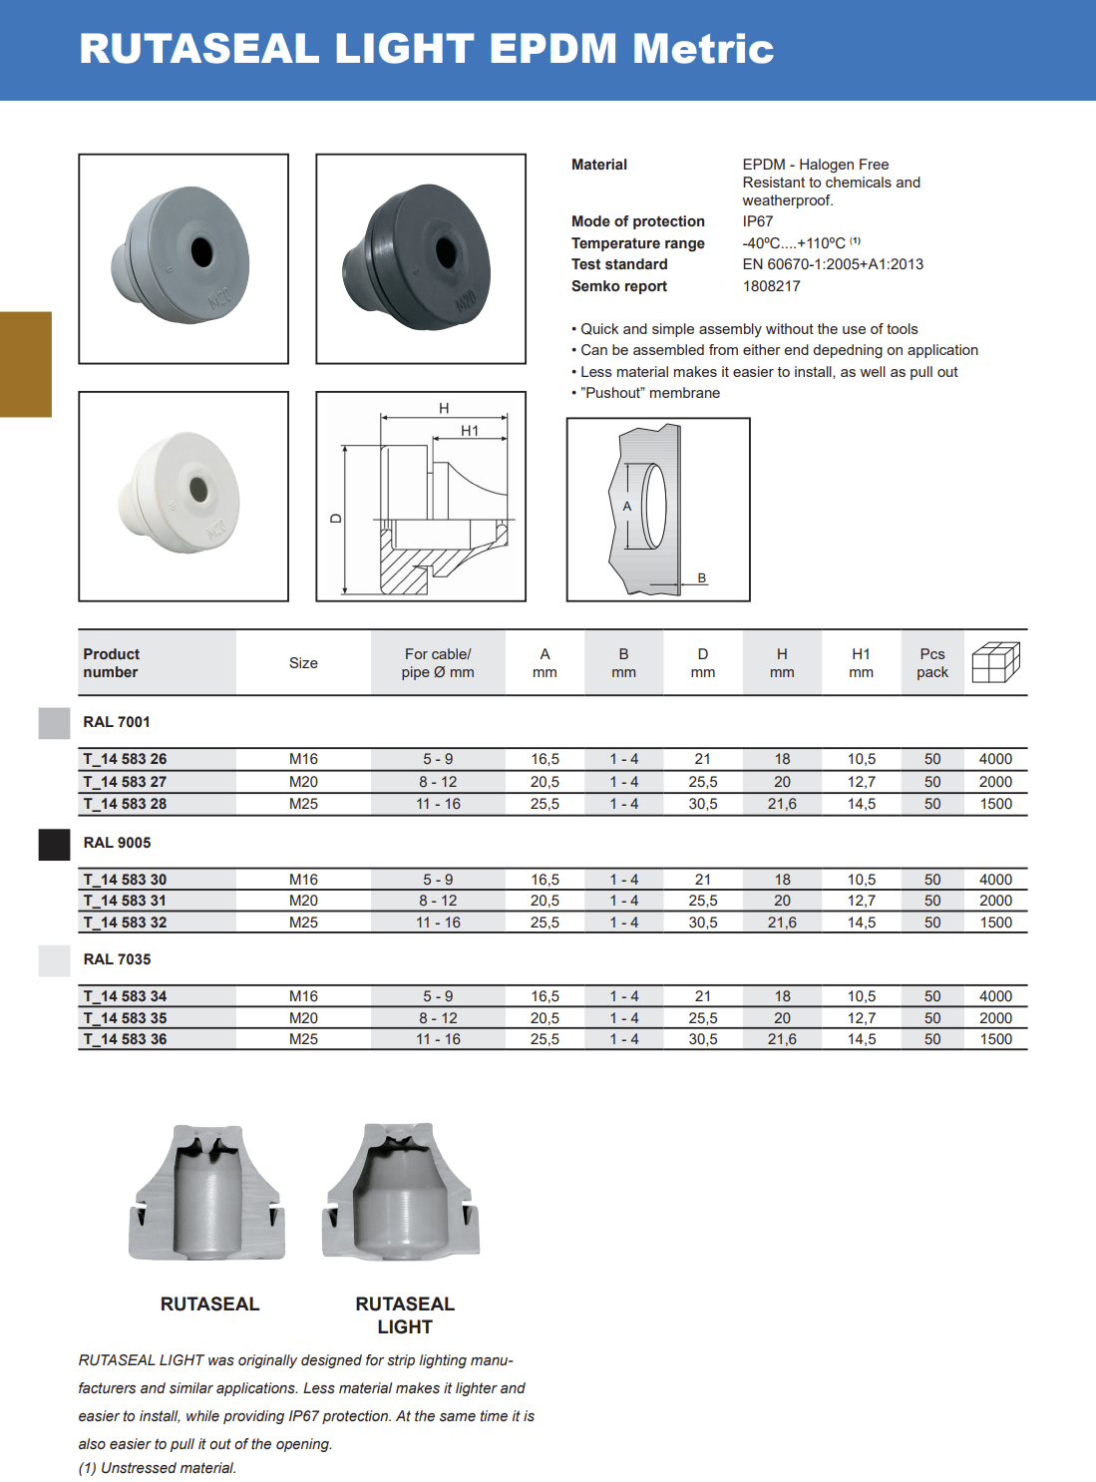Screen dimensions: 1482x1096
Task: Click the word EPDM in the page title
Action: [553, 49]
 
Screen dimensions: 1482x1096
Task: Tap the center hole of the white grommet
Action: [197, 490]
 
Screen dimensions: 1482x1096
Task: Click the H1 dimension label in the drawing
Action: [470, 431]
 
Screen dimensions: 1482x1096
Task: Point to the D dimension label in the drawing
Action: [336, 518]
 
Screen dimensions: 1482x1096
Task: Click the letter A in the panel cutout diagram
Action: [627, 507]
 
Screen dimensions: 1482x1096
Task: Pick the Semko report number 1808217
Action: [771, 286]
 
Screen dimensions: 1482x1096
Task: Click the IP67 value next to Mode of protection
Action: [757, 221]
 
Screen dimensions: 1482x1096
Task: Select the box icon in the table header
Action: [995, 662]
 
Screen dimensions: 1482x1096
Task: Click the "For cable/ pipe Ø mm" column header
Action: [438, 663]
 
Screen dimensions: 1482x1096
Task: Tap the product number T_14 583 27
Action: [126, 782]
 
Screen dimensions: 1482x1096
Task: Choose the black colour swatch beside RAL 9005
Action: [54, 844]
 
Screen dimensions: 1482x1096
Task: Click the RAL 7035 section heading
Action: [118, 959]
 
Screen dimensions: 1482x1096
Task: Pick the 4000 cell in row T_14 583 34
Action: [995, 996]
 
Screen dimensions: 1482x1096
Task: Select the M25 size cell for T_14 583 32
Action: [303, 923]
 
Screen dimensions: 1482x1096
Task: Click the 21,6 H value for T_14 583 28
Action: [782, 804]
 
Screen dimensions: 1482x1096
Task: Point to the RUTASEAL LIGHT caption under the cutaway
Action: [405, 1315]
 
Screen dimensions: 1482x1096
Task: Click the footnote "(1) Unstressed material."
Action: [158, 1468]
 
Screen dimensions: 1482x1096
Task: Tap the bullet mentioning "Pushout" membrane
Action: [649, 393]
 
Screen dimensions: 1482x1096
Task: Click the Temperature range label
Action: [637, 243]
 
